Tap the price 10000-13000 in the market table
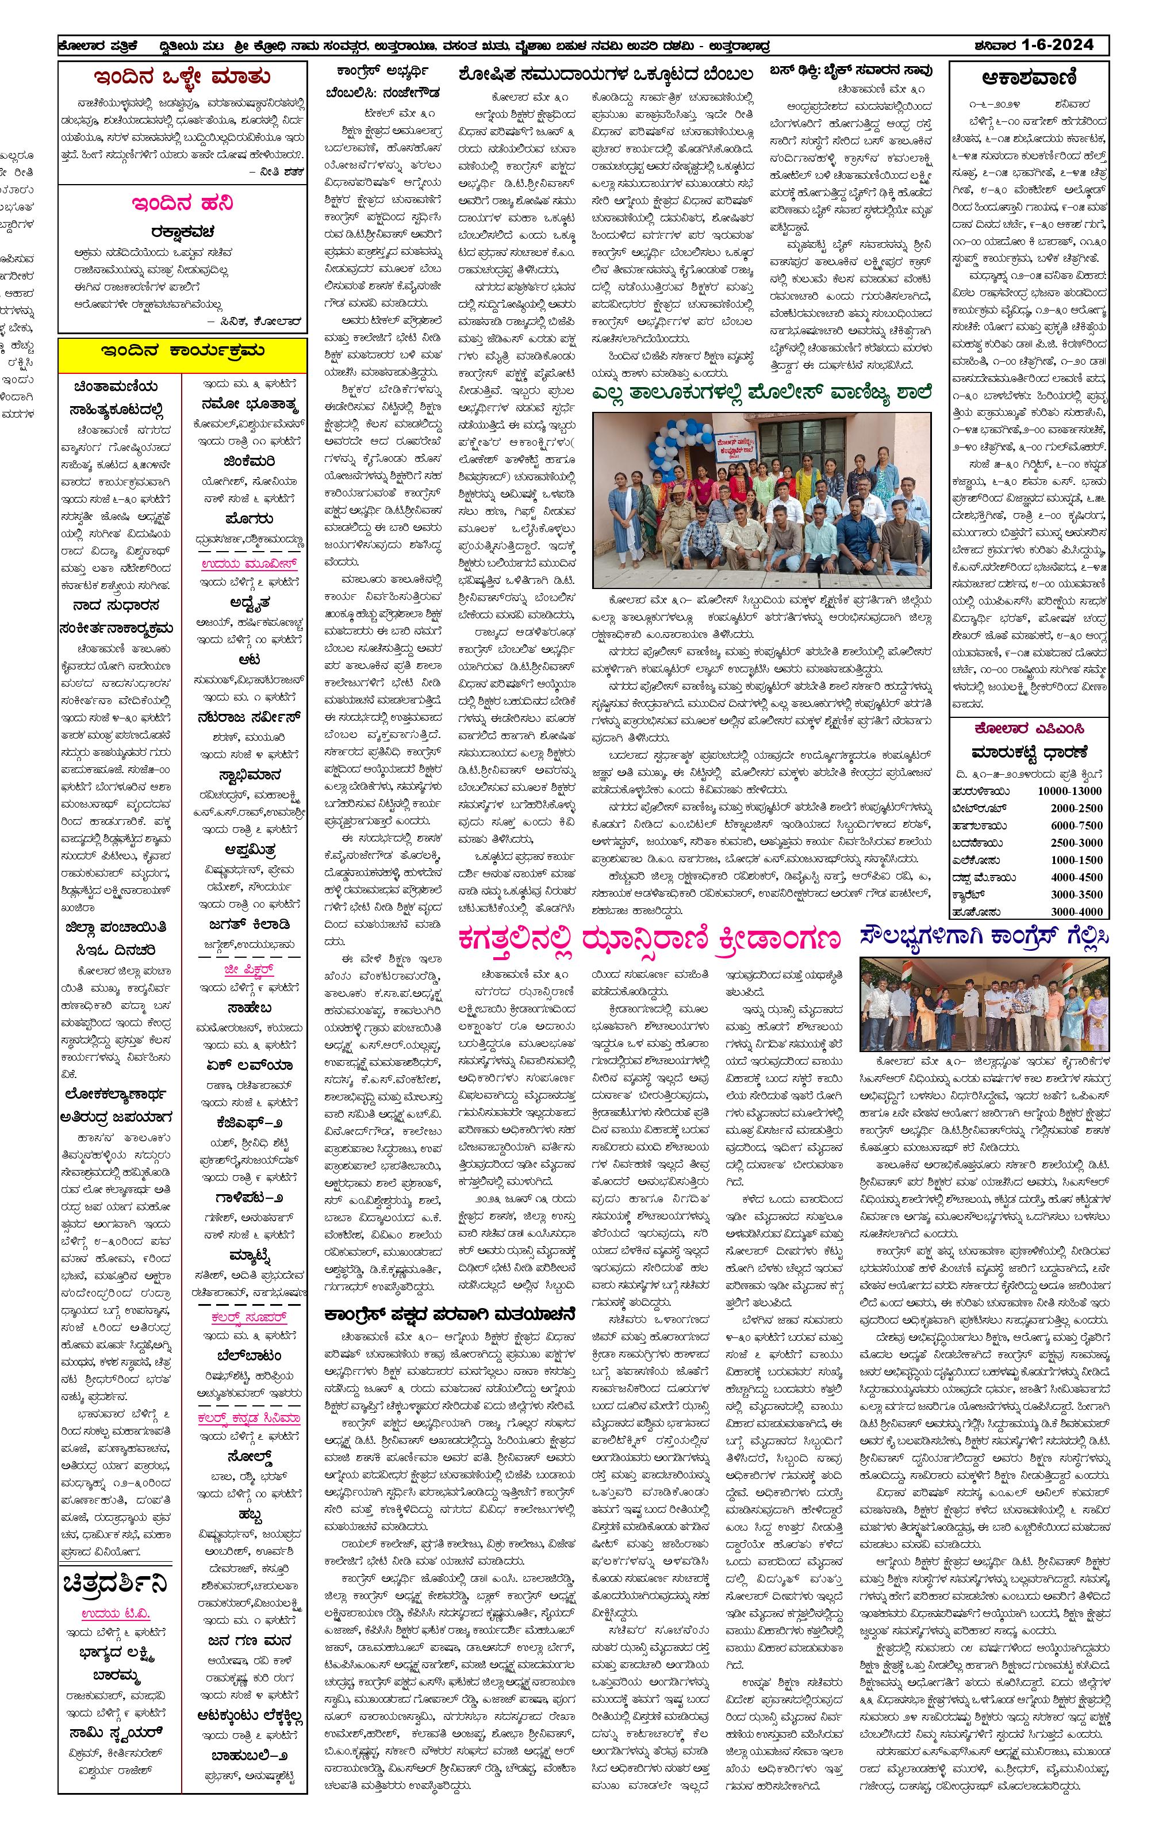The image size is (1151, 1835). (x=1069, y=791)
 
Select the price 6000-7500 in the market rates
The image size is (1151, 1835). (x=1076, y=825)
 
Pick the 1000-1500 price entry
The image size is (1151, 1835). (x=1076, y=859)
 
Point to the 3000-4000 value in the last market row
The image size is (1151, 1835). (x=1076, y=911)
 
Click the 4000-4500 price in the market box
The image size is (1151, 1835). (x=1076, y=877)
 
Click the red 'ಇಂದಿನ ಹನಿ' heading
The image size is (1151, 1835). (x=183, y=203)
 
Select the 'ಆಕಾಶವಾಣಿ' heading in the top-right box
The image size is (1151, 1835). (x=1029, y=78)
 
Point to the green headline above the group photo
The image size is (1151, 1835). (x=761, y=393)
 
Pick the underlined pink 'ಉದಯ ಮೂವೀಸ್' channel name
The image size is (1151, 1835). (x=249, y=564)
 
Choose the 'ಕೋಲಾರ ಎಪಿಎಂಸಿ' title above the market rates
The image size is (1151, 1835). (x=1029, y=729)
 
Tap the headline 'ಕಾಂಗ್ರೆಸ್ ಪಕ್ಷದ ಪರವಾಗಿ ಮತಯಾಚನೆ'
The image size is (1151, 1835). (x=449, y=1314)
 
